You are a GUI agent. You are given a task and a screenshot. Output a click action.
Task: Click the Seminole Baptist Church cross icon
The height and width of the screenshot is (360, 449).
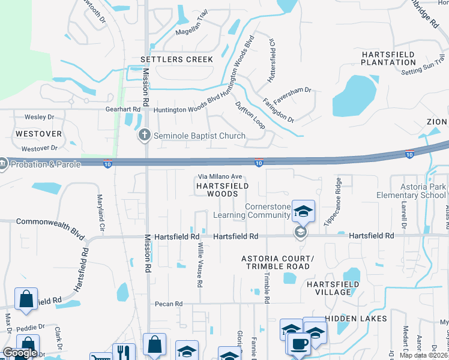click(x=144, y=135)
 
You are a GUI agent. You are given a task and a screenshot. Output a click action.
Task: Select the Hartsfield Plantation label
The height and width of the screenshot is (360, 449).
click(x=388, y=58)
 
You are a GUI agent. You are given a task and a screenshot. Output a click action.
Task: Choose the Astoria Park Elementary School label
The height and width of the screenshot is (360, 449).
click(x=411, y=191)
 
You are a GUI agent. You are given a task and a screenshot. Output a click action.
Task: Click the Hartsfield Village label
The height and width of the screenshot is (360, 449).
click(x=328, y=288)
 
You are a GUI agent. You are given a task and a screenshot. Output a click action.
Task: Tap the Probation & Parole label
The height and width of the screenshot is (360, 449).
click(x=44, y=164)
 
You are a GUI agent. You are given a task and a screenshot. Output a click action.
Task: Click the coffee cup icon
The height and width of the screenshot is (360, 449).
click(x=298, y=344)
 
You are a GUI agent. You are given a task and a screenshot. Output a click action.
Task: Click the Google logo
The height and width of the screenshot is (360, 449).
click(x=20, y=353)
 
